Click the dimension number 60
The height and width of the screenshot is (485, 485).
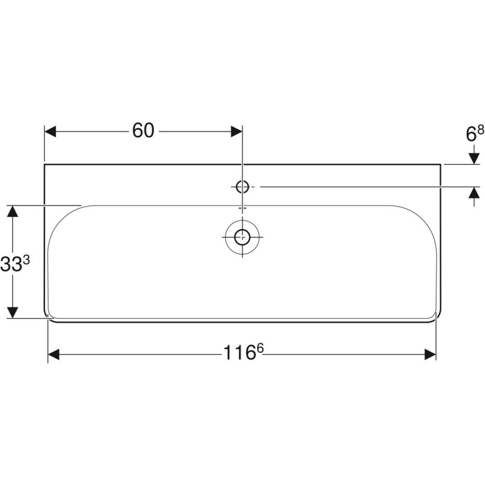[144, 131]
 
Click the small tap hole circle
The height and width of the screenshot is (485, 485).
[242, 187]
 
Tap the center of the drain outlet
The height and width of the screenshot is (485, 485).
[242, 236]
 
